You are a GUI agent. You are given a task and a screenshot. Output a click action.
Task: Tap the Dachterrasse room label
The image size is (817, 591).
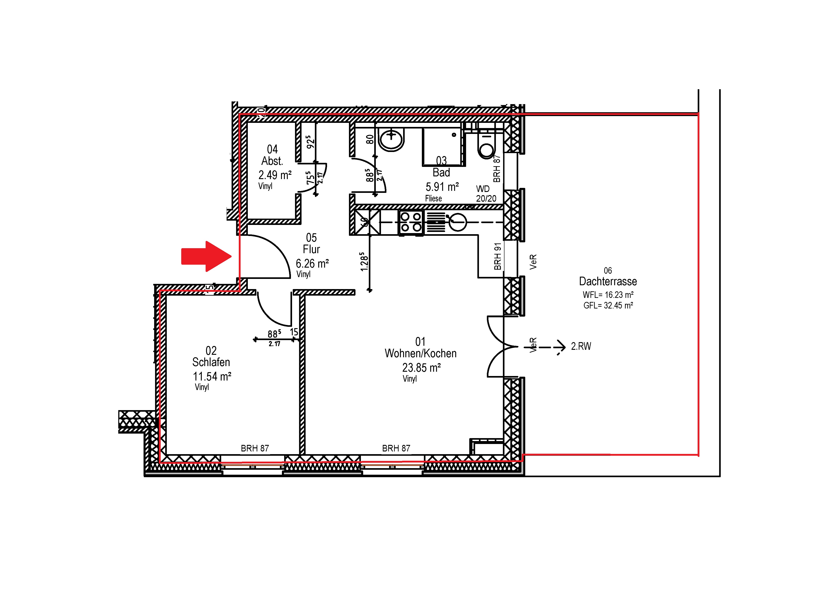point(608,281)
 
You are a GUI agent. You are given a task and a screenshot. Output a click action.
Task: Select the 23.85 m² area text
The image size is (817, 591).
point(421,368)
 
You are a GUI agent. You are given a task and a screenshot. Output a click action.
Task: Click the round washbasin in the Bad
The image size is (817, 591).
point(392,140)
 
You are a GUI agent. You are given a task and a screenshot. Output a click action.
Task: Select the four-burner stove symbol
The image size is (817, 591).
point(411,222)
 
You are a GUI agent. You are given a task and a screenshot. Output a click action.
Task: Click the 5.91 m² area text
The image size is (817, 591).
point(442,187)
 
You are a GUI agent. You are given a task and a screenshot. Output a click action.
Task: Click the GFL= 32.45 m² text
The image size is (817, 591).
point(608,306)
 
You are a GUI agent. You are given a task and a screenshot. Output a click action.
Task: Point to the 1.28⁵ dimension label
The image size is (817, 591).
point(364,262)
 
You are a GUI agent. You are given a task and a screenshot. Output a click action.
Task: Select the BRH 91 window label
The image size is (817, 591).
point(497,257)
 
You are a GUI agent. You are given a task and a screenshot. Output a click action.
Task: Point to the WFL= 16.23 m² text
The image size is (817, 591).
point(608,295)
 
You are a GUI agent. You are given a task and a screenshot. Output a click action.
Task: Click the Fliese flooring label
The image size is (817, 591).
point(433,199)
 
